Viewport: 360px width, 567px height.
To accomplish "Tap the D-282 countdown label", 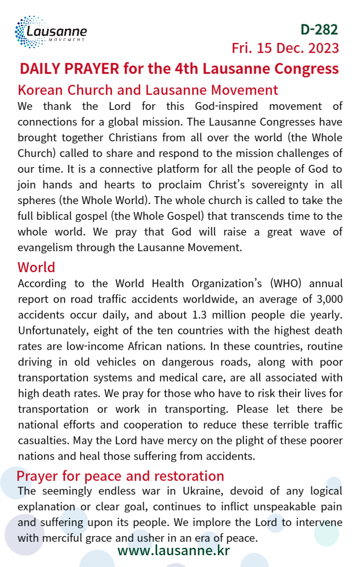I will (319, 29).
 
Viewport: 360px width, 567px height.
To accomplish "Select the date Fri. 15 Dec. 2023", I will (285, 48).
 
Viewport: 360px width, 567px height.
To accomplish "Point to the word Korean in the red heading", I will (38, 90).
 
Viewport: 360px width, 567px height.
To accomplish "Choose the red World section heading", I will (36, 267).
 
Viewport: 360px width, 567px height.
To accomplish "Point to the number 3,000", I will (325, 299).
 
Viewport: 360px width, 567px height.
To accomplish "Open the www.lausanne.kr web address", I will (173, 550).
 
